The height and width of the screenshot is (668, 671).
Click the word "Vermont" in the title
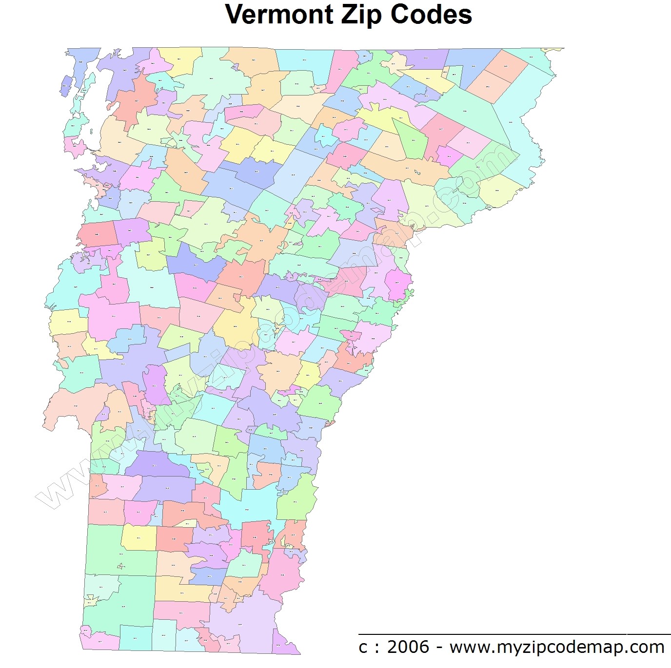click(278, 15)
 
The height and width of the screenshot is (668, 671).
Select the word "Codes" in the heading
click(431, 15)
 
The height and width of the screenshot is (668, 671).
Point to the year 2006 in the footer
click(408, 647)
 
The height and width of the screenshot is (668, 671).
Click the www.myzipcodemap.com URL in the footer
click(556, 647)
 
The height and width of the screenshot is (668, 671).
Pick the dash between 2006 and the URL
click(439, 648)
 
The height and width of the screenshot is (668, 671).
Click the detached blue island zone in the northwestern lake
click(65, 85)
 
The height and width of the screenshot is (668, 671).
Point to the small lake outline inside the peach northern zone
click(417, 172)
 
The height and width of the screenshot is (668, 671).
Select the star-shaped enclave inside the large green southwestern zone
click(120, 566)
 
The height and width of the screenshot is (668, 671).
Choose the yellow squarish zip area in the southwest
click(138, 537)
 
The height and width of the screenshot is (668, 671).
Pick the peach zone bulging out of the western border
click(73, 407)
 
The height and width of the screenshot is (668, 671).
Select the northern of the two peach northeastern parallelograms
click(507, 66)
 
